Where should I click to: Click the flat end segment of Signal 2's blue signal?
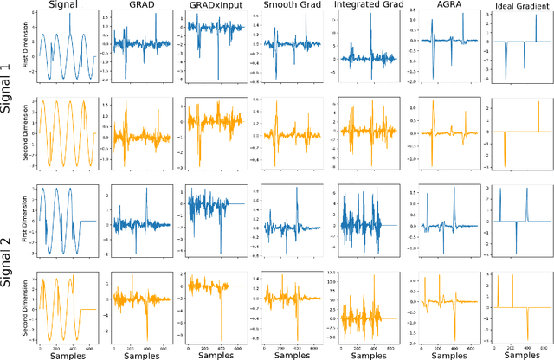click(87, 222)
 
